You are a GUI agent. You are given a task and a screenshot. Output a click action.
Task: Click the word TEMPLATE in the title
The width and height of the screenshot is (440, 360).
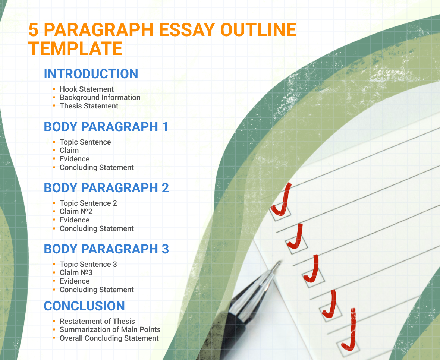[x=76, y=48]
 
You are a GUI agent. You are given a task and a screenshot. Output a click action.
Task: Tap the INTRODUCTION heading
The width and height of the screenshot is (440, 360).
[x=91, y=74]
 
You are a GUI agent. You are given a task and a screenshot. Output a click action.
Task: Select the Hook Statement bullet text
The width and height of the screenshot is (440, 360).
[x=87, y=89]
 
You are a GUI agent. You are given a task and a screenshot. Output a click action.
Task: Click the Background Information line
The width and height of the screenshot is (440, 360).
[x=100, y=97]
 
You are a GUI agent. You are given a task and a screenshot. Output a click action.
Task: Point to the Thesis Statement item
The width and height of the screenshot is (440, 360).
[x=89, y=106]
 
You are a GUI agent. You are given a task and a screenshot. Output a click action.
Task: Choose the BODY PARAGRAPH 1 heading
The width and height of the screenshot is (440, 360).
[x=106, y=127]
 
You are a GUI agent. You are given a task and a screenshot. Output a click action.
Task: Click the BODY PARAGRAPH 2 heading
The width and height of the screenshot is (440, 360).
[x=106, y=188]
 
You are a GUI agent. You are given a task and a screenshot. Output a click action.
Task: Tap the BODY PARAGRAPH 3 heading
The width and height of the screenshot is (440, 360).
[x=106, y=249]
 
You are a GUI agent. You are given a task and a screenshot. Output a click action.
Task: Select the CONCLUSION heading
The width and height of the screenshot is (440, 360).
[x=84, y=306]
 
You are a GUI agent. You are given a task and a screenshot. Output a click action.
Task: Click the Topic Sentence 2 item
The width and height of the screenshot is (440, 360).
[x=88, y=203]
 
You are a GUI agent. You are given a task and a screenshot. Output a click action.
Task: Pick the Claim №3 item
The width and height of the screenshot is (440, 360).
[x=76, y=272]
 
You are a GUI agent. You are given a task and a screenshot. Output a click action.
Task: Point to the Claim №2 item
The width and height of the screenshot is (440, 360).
[x=76, y=211]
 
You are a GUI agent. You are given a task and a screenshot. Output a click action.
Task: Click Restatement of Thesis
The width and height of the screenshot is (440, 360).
[x=97, y=321]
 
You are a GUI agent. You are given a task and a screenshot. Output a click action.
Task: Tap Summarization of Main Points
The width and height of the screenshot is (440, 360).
[x=110, y=329]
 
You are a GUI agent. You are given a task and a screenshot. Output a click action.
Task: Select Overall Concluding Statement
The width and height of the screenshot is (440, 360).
[x=109, y=338]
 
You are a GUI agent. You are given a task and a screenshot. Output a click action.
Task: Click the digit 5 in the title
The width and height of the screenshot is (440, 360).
[x=33, y=30]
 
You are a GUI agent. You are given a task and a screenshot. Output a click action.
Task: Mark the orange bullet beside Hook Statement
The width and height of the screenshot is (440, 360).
[x=54, y=89]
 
